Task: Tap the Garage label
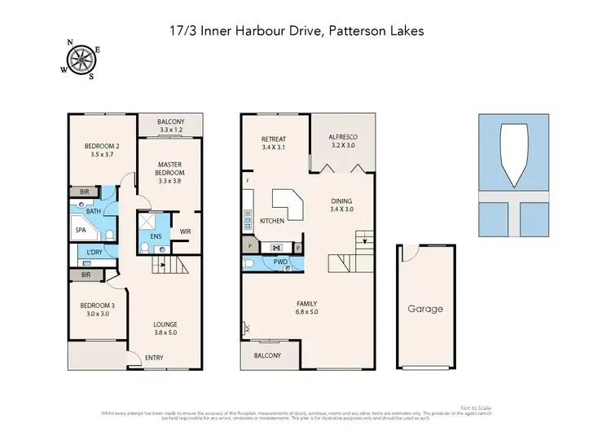(x=425, y=309)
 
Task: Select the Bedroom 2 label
(x=102, y=148)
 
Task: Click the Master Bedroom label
(x=171, y=168)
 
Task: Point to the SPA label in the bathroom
(x=81, y=231)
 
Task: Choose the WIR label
(x=185, y=231)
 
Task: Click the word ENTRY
(x=154, y=358)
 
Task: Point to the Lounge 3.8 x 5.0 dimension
(x=165, y=332)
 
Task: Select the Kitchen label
(x=271, y=222)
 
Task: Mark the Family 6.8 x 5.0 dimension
(x=307, y=311)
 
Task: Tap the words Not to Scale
(x=476, y=408)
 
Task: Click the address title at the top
(x=305, y=31)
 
